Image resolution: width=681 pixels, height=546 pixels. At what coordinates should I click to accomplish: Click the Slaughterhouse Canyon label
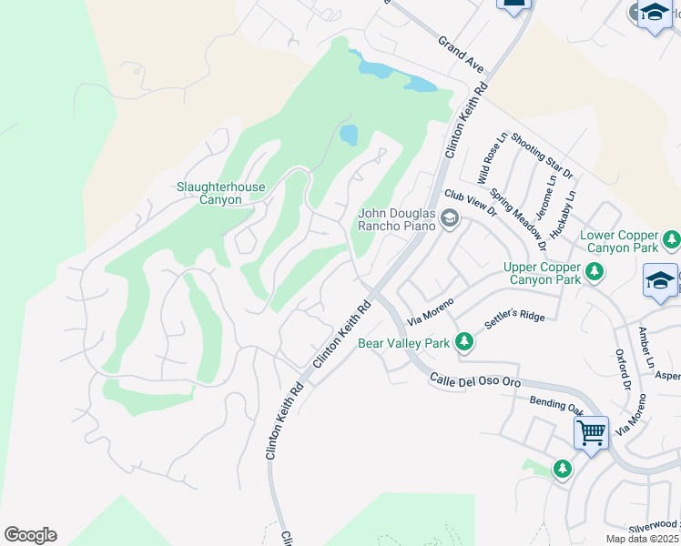[221, 194]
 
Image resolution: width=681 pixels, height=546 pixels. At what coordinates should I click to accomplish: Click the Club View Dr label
[470, 202]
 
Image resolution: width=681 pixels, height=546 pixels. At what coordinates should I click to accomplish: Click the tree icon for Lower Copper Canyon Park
[671, 240]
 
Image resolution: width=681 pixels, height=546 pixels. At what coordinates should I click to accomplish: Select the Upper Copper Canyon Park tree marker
[594, 272]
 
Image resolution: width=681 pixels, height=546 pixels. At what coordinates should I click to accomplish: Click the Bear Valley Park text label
[403, 343]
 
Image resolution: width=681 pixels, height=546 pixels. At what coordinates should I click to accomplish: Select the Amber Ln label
[645, 346]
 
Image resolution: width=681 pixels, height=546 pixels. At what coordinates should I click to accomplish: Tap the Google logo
[30, 535]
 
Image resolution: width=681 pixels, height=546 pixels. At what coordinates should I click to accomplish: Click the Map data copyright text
[643, 539]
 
